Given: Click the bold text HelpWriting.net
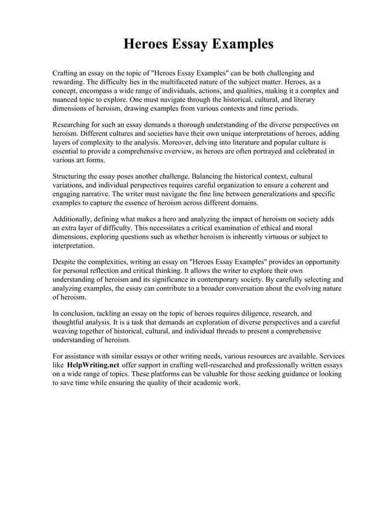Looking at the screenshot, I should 94,365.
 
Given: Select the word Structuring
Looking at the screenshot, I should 72,176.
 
